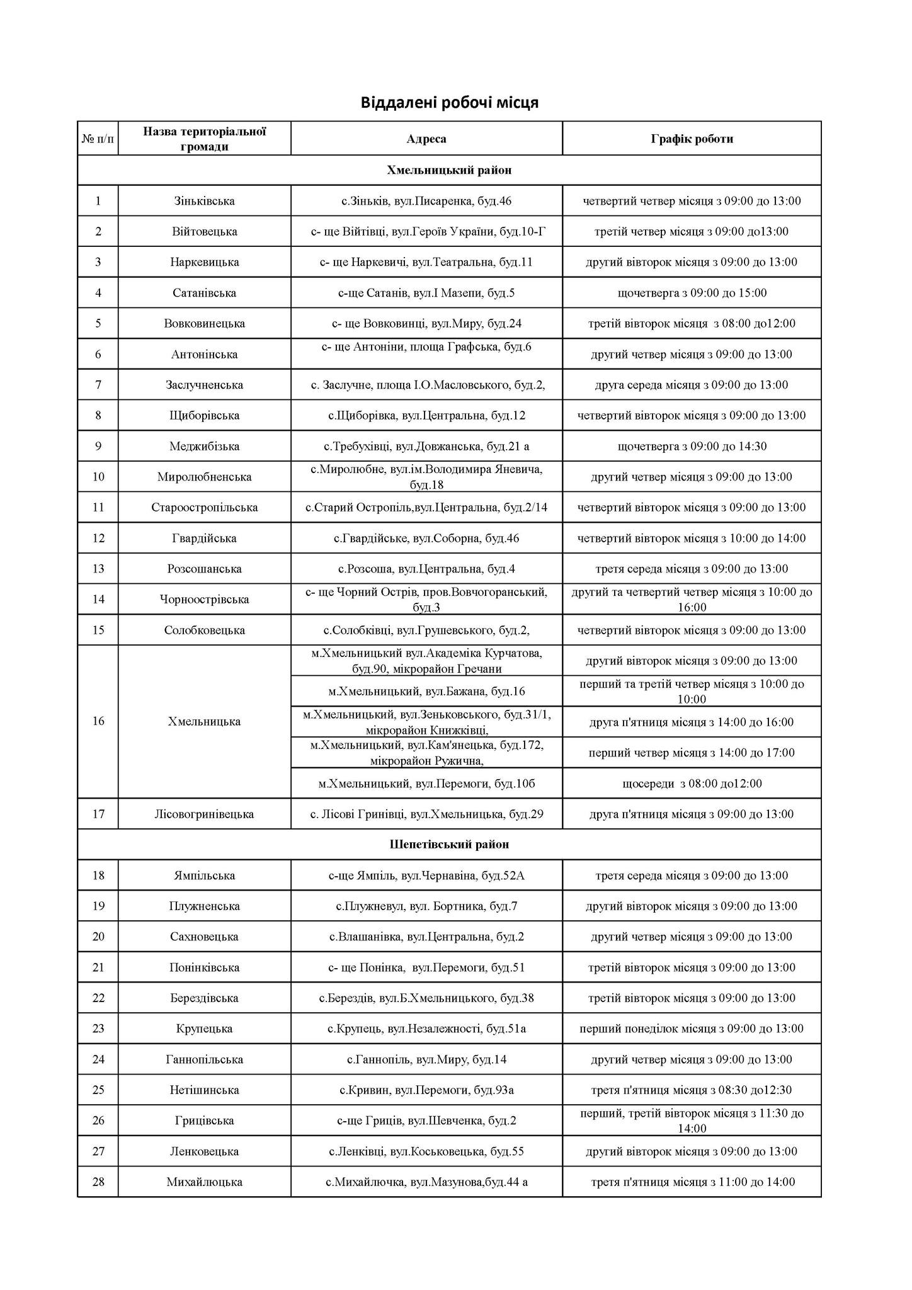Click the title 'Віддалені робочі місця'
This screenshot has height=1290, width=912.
449,102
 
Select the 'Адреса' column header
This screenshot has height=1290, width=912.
426,139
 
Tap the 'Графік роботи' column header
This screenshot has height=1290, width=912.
692,139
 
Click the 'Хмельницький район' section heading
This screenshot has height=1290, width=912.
449,170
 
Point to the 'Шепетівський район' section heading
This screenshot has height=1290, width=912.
449,844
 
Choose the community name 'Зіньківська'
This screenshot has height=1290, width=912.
204,201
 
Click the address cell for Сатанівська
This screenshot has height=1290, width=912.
426,293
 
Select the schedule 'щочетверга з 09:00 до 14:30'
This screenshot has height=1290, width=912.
692,447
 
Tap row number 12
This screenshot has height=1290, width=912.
98,539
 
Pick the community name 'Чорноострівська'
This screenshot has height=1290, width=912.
204,599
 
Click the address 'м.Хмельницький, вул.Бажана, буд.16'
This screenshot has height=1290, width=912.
426,692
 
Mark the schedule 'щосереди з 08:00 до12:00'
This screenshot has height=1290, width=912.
692,784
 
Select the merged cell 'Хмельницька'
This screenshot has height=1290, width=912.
204,722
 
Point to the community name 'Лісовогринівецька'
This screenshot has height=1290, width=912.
204,814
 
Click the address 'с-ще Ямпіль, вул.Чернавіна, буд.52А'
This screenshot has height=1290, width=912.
426,876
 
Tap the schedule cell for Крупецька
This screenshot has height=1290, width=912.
692,1029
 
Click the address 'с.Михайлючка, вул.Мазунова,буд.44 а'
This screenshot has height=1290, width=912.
426,1182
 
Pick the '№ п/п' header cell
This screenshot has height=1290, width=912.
98,139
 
